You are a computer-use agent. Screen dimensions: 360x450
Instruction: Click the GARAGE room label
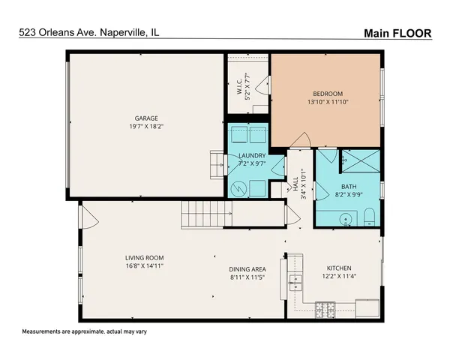tap(145, 118)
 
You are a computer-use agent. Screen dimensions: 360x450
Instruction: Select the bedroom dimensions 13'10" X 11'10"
tap(328, 103)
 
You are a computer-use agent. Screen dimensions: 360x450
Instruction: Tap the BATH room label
tap(349, 187)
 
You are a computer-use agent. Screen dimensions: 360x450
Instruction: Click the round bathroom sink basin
tap(345, 220)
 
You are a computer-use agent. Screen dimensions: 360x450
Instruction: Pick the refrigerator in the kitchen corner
tap(367, 307)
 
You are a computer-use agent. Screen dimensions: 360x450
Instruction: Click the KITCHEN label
tap(339, 268)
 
